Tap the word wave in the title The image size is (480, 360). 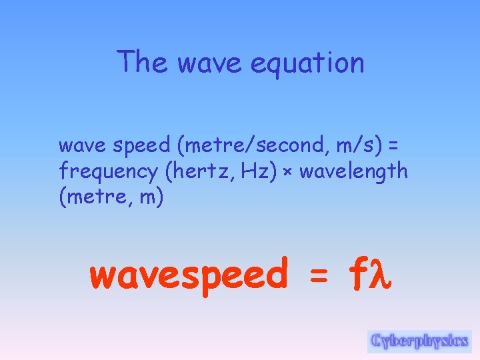(x=203, y=63)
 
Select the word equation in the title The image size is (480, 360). (x=308, y=63)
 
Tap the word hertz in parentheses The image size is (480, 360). (x=195, y=171)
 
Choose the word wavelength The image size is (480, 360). (x=353, y=171)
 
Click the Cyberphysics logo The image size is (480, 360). (x=419, y=341)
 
